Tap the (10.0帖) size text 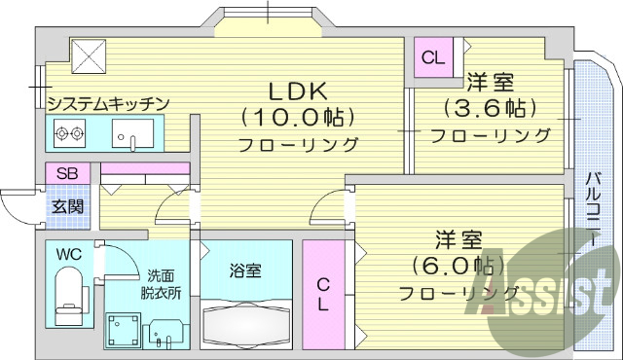coord(298,117)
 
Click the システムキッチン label coord(109,103)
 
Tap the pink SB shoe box coord(67,174)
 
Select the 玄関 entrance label coord(67,206)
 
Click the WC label coord(68,254)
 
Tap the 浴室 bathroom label coord(245,271)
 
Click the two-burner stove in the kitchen coord(69,134)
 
